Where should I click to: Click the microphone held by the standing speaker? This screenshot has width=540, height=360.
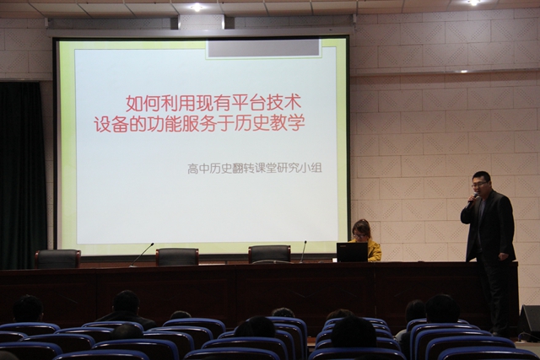pyautogui.click(x=472, y=199)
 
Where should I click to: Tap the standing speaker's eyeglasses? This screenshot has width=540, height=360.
pyautogui.click(x=480, y=185)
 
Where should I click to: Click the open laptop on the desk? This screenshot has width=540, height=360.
pyautogui.click(x=352, y=252)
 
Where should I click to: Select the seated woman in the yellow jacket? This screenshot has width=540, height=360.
pyautogui.click(x=365, y=240)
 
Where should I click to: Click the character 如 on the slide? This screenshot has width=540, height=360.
pyautogui.click(x=134, y=103)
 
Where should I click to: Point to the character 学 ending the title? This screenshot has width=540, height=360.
pyautogui.click(x=296, y=123)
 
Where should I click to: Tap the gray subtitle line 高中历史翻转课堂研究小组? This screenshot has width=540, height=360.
pyautogui.click(x=255, y=169)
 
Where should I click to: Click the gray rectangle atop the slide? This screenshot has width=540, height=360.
pyautogui.click(x=263, y=47)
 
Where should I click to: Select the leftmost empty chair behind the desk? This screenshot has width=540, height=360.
pyautogui.click(x=57, y=259)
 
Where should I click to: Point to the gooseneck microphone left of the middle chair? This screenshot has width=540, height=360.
pyautogui.click(x=142, y=255)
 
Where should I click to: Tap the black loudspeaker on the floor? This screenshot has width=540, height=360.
pyautogui.click(x=529, y=322)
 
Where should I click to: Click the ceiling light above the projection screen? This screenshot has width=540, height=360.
pyautogui.click(x=197, y=8)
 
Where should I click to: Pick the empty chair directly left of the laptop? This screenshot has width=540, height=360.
pyautogui.click(x=269, y=254)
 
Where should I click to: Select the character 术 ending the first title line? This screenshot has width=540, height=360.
pyautogui.click(x=293, y=103)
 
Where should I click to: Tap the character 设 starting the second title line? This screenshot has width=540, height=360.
pyautogui.click(x=102, y=123)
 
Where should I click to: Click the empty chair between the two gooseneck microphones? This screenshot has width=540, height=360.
pyautogui.click(x=177, y=257)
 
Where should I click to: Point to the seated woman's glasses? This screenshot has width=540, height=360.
pyautogui.click(x=359, y=236)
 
